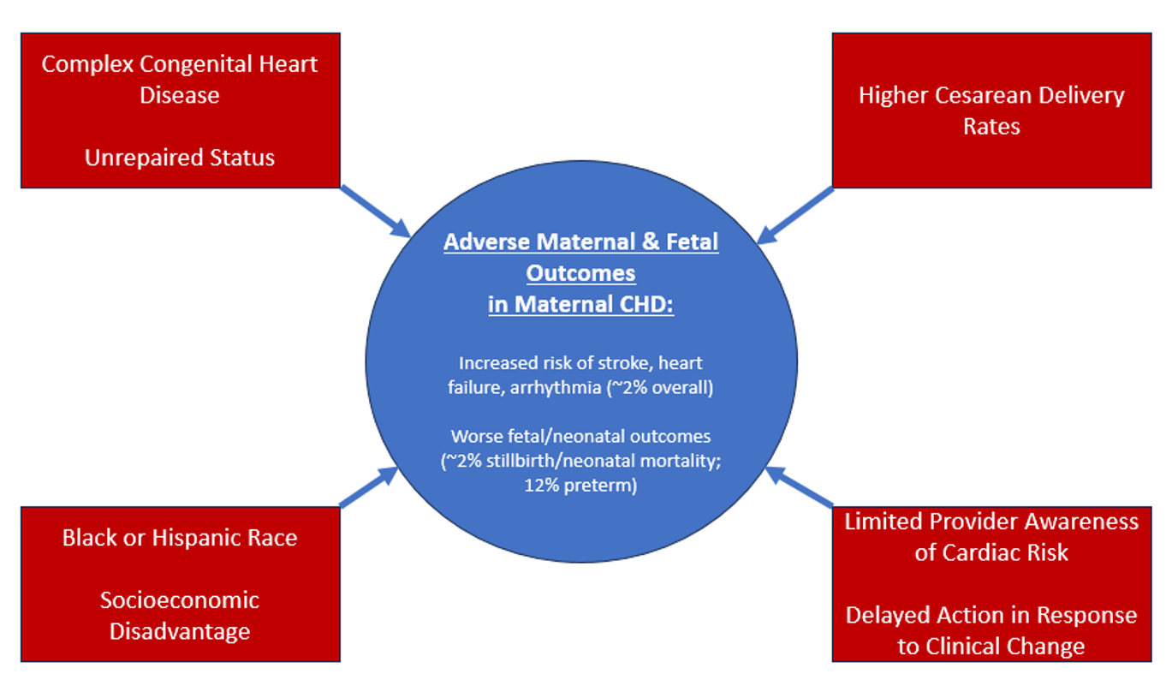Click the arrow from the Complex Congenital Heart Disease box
click(x=375, y=211)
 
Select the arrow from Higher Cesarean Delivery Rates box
click(x=796, y=214)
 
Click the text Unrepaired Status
click(x=180, y=158)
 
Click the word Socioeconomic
click(x=180, y=599)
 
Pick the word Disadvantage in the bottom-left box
click(x=180, y=631)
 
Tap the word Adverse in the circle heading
click(x=483, y=242)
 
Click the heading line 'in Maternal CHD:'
click(x=581, y=304)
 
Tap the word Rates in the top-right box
click(x=991, y=127)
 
